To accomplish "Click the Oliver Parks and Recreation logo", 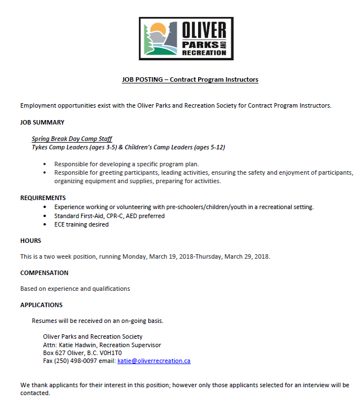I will tap(186, 38).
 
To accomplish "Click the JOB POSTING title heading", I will tap(190, 79).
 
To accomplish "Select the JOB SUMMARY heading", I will tap(42, 122).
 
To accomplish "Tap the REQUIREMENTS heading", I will tap(43, 198).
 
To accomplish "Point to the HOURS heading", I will tap(30, 241).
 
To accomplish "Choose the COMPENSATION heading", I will tap(44, 273).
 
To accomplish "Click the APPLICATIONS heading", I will tap(41, 305).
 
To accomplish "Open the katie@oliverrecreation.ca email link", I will tap(153, 361).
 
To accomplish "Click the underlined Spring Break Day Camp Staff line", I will tap(72, 139).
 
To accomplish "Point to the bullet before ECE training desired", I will tap(45, 224).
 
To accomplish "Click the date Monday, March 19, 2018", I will tap(181, 256).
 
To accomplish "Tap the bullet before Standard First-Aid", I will tap(45, 216).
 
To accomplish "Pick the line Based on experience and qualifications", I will tap(75, 289).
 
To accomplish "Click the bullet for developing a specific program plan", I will tap(45, 164).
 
